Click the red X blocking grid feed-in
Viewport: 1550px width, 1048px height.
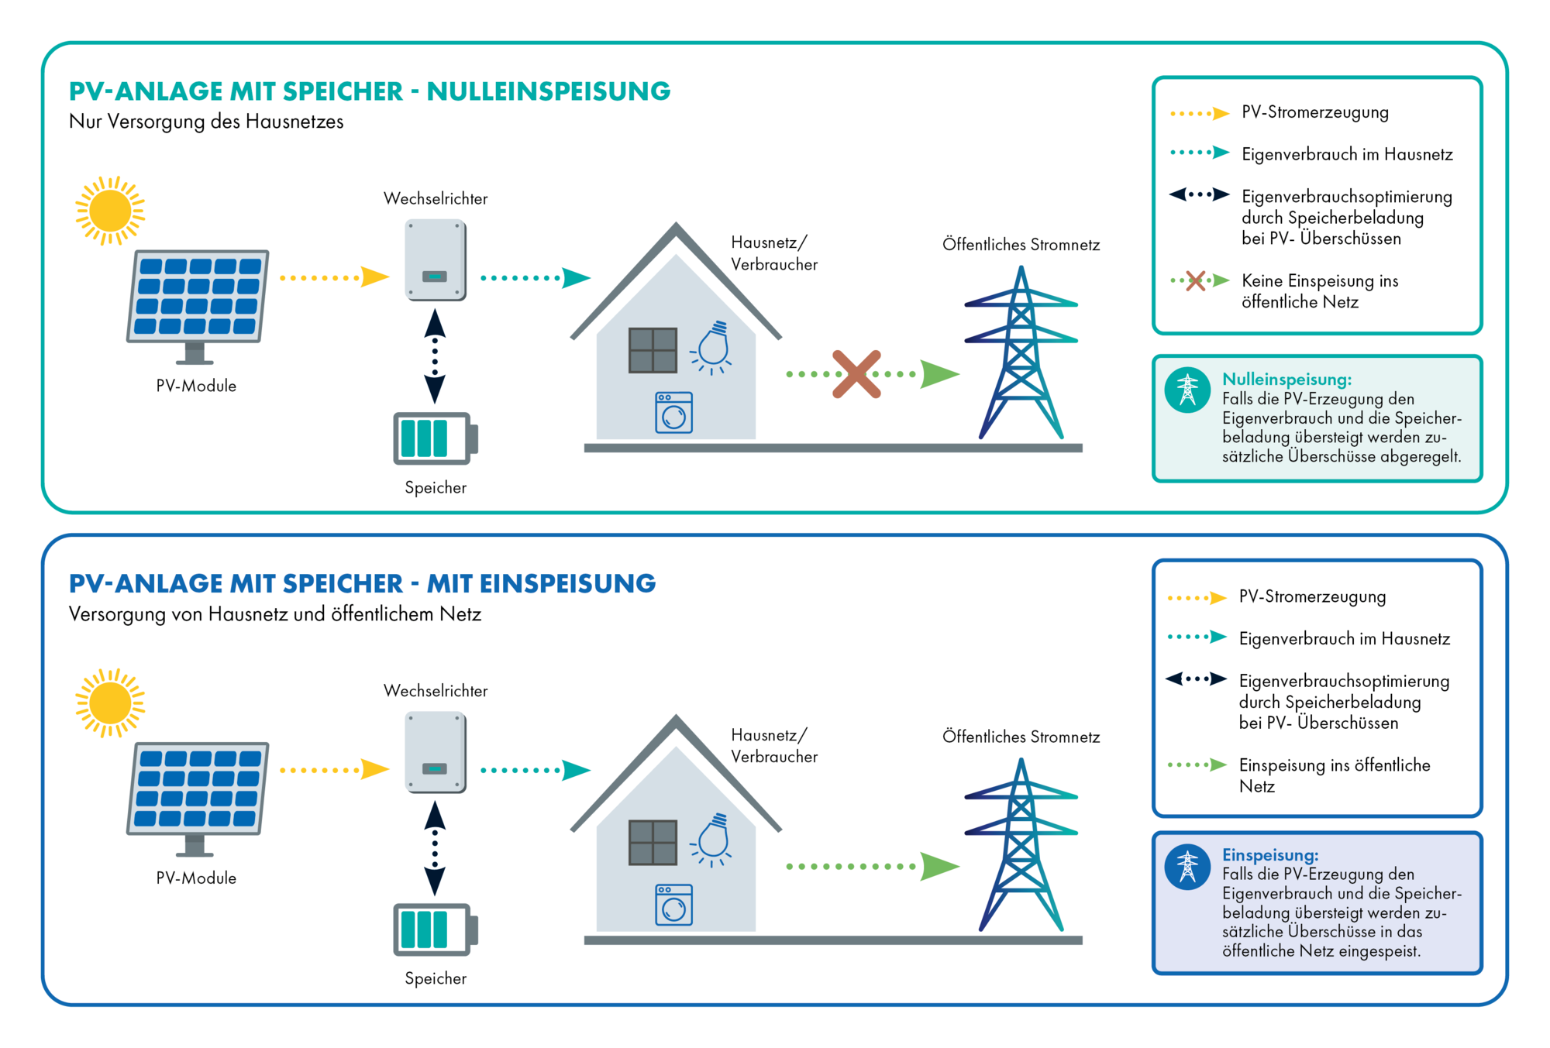856,374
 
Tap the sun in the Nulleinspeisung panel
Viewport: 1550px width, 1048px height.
110,211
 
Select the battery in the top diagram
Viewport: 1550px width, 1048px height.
436,438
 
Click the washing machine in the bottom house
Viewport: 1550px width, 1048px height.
673,905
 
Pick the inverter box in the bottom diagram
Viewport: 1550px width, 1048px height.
436,751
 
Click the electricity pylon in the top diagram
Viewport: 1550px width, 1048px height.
1021,352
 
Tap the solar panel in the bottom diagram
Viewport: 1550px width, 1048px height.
198,799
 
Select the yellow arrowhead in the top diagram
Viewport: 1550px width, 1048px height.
375,277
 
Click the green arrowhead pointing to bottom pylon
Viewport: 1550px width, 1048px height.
940,866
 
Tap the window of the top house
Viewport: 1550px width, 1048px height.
653,350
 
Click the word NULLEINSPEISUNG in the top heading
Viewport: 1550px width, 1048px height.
549,91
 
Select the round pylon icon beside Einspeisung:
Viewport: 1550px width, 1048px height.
1187,867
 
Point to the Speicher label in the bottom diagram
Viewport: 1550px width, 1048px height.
436,978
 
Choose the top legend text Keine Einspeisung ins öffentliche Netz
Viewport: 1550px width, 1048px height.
1320,291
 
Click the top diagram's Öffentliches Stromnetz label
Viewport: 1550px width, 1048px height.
1021,245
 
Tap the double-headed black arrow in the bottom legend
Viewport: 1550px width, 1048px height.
1196,679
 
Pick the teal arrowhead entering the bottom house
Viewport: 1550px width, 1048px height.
576,770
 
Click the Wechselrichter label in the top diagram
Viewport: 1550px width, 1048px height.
436,198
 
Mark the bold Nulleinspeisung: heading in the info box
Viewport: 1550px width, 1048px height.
1287,379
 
